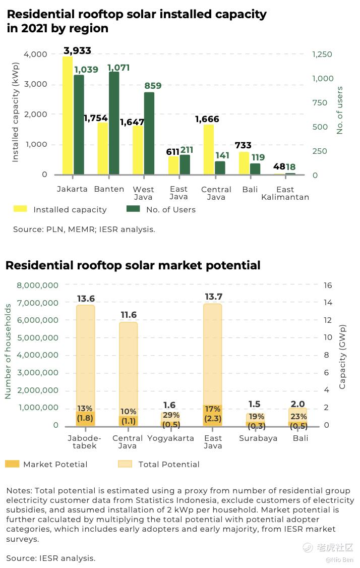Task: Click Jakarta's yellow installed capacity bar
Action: (68, 116)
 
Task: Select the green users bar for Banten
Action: (114, 123)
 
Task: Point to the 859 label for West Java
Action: (153, 86)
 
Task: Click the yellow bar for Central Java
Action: (209, 149)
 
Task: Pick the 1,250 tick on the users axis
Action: (322, 54)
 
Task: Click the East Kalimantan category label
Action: (285, 193)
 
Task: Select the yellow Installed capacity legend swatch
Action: (20, 209)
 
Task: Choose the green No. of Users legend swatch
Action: (133, 209)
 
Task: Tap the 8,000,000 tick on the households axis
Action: (38, 285)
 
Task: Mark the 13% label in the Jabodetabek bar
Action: (85, 408)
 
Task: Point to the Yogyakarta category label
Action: (170, 438)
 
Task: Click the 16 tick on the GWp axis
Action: (328, 285)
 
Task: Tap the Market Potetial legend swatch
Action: (12, 464)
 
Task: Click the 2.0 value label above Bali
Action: (297, 404)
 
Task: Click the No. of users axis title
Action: (339, 110)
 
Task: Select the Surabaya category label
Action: (258, 438)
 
